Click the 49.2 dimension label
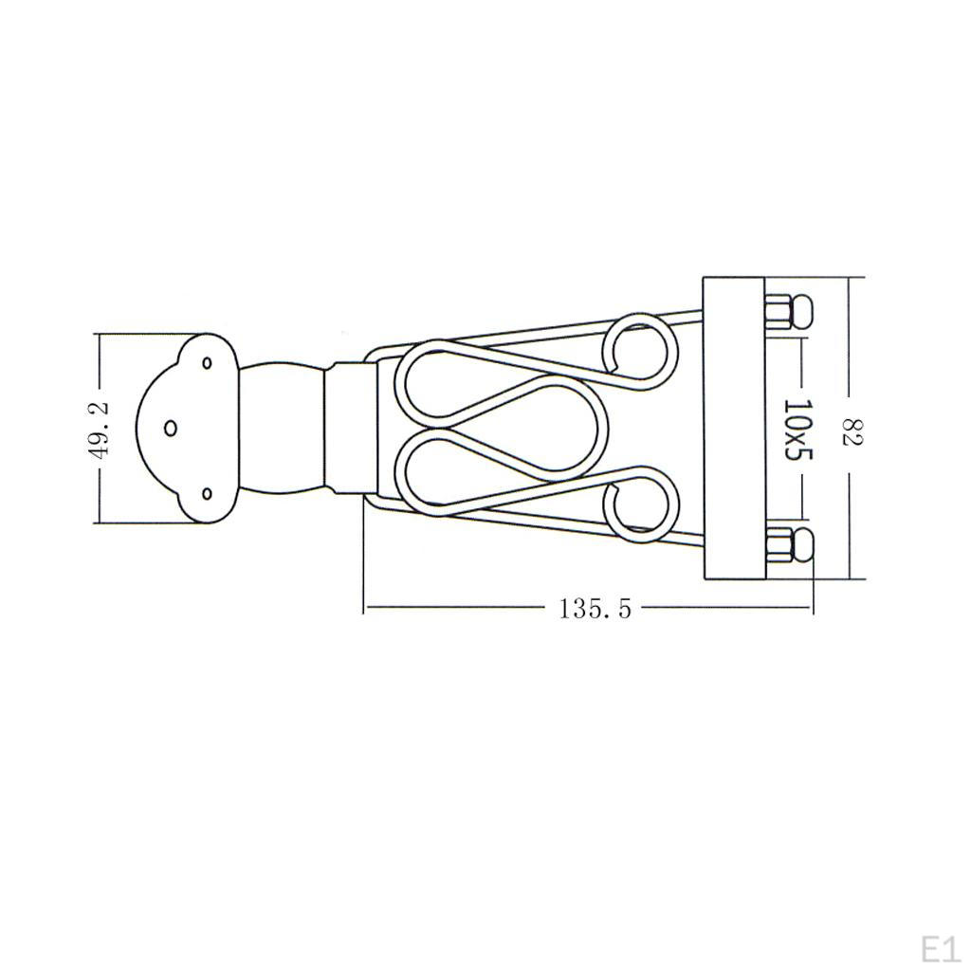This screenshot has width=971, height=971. click(99, 430)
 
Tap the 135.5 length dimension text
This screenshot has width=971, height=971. click(595, 609)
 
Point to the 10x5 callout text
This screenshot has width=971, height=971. click(798, 430)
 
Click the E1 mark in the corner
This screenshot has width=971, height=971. click(940, 948)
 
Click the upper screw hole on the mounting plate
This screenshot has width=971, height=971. click(207, 361)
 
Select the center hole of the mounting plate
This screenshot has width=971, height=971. click(171, 428)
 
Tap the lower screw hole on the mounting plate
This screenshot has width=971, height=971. click(207, 493)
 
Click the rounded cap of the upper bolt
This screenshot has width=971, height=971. click(802, 313)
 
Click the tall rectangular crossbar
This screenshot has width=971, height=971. click(732, 429)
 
